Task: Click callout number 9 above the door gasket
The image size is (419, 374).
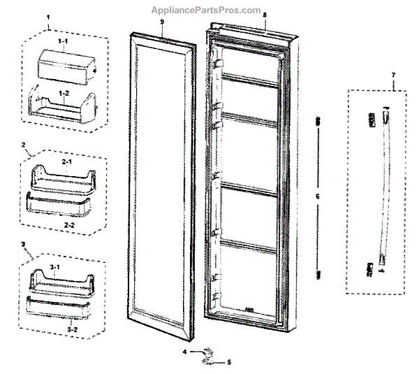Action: (161, 23)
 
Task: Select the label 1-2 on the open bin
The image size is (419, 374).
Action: (64, 93)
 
